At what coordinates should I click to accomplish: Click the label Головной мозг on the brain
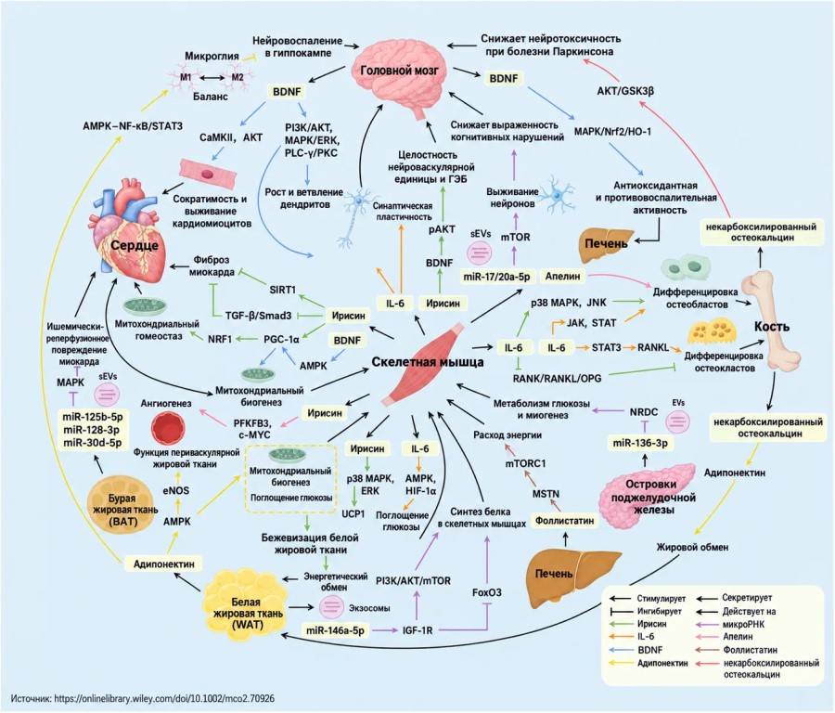(399, 71)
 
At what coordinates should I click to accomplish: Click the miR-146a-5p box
(336, 630)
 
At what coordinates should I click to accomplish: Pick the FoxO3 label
(487, 592)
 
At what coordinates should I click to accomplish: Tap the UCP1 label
(353, 513)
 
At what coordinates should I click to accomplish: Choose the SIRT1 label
(282, 290)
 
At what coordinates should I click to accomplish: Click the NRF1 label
(220, 338)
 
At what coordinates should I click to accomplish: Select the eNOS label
(176, 490)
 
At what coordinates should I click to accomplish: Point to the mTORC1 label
(526, 463)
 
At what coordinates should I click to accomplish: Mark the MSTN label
(546, 494)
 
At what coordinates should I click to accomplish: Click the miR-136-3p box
(640, 443)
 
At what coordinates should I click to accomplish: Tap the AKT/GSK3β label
(625, 91)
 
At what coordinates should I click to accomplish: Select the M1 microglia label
(186, 77)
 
